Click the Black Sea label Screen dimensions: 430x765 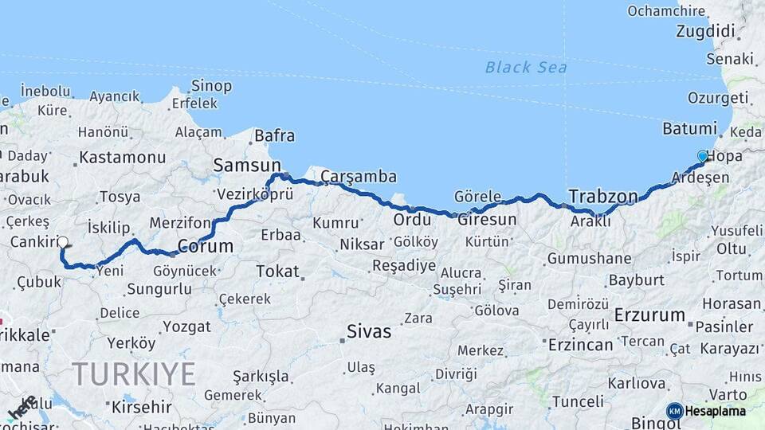point(526,68)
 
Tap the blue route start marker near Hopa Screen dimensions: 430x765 point(702,156)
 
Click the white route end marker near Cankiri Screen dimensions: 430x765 point(63,242)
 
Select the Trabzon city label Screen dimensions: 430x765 point(603,196)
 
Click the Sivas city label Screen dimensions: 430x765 point(369,331)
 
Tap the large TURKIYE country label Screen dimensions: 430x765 point(134,373)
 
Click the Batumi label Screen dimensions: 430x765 point(690,129)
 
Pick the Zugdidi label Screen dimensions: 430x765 point(704,32)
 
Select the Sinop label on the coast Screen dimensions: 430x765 point(212,86)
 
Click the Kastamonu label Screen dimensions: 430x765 point(122,157)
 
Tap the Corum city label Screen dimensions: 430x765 point(205,246)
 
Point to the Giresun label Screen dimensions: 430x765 point(487,220)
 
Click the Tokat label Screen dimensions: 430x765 point(277,272)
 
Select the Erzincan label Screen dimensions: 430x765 point(580,345)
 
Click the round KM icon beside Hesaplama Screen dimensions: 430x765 point(674,411)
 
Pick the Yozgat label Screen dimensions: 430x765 point(186,326)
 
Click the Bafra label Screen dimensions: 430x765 point(275,136)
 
